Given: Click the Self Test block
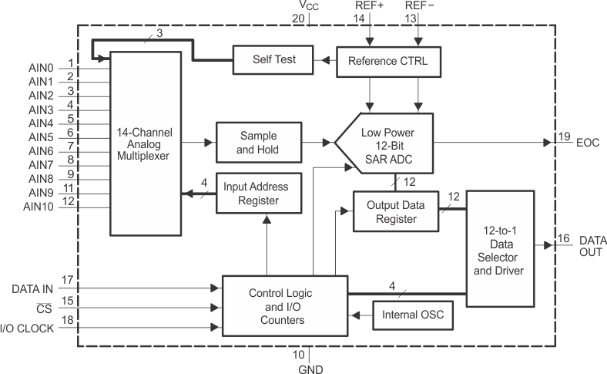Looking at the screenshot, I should tap(274, 59).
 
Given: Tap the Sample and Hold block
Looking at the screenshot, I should tap(257, 143).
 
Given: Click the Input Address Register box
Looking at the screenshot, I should tap(257, 193).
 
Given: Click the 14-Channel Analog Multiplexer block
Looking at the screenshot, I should tap(146, 143).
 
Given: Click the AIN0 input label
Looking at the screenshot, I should tap(41, 67).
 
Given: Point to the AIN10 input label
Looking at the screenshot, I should tap(39, 206).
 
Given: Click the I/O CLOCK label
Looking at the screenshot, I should tap(28, 329).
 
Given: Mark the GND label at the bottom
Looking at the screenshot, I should tap(310, 368).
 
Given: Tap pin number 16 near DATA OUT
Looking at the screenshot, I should tap(565, 239).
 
